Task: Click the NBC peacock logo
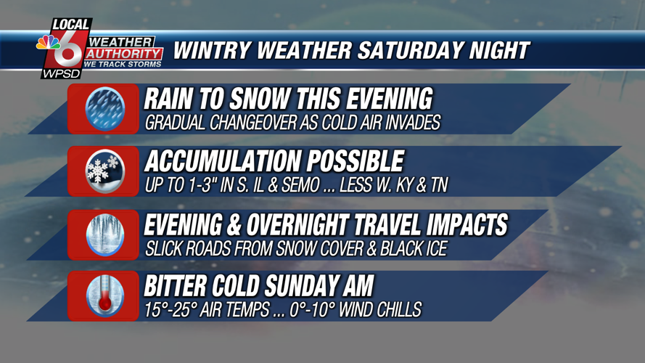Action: point(48,42)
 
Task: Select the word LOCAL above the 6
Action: point(71,25)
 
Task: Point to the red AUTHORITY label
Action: point(123,54)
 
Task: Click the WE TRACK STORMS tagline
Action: point(123,64)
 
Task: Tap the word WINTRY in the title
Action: point(211,51)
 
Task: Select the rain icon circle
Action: point(105,109)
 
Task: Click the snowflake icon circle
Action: point(105,171)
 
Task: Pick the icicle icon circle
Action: point(105,234)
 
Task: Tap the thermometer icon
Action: point(105,296)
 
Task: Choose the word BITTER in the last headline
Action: point(175,286)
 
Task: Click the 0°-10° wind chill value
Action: point(310,309)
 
